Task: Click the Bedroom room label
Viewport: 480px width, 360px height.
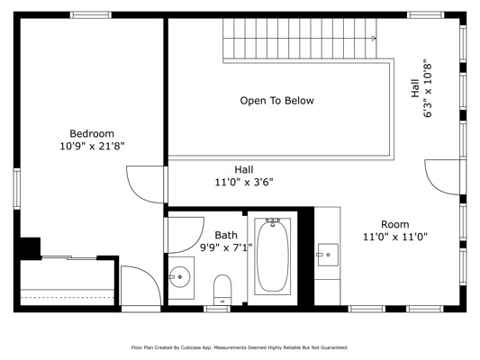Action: click(x=92, y=134)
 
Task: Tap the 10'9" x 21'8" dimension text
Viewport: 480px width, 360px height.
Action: click(x=92, y=146)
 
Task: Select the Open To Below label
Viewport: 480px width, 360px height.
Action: click(x=276, y=101)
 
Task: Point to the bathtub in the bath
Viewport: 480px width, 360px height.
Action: click(x=273, y=256)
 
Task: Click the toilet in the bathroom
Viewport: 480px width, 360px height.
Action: click(x=222, y=289)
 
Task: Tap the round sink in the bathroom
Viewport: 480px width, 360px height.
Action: click(x=180, y=277)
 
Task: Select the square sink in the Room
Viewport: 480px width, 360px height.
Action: click(x=328, y=255)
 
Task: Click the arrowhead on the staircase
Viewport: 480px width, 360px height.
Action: click(x=374, y=38)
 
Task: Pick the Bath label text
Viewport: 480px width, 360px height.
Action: click(x=226, y=235)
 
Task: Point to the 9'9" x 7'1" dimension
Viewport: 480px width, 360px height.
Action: click(x=226, y=247)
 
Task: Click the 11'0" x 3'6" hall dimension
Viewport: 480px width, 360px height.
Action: click(x=244, y=183)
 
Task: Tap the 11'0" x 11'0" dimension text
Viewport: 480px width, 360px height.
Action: click(x=395, y=237)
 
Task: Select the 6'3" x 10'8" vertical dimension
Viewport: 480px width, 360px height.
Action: click(x=428, y=90)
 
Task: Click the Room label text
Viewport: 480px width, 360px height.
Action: click(x=395, y=224)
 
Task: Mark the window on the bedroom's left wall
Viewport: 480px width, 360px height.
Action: click(x=16, y=189)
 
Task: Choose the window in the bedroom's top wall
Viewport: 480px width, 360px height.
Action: click(x=91, y=14)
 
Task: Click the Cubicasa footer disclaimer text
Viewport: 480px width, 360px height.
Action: click(x=240, y=347)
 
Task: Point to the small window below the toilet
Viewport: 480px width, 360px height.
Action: click(x=217, y=309)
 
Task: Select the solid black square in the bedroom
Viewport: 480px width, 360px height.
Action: click(x=31, y=247)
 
